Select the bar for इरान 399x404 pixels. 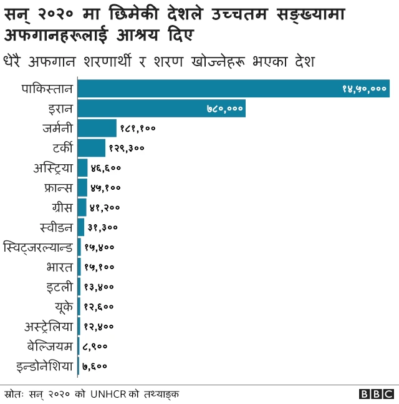[161, 109]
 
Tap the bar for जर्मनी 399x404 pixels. [97, 128]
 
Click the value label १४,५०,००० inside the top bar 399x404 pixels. [364, 89]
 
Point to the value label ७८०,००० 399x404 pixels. [224, 109]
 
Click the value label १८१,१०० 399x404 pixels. [137, 129]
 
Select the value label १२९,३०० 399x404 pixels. [127, 148]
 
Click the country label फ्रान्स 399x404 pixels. [57, 187]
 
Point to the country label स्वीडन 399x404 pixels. [56, 227]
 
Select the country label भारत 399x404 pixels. [59, 267]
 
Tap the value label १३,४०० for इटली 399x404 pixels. [99, 287]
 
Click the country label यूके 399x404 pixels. [64, 306]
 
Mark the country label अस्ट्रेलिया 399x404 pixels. [49, 326]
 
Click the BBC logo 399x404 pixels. [377, 394]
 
